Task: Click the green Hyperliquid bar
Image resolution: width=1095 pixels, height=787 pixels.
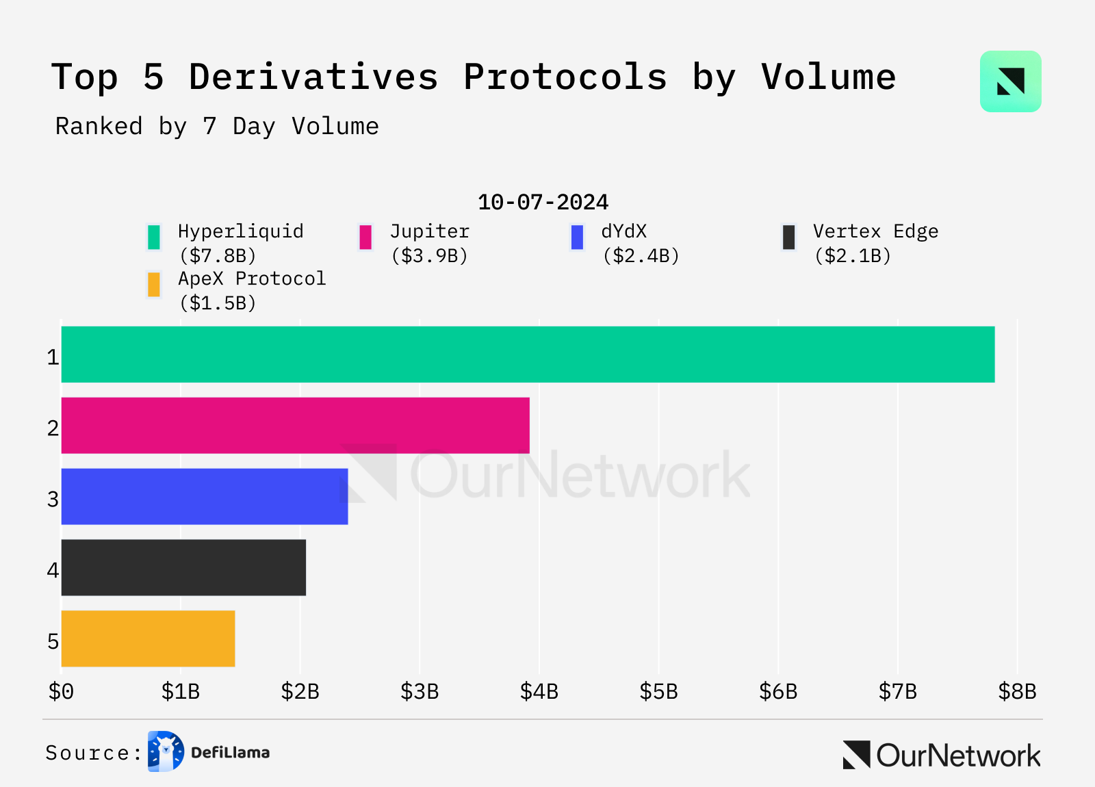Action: click(527, 354)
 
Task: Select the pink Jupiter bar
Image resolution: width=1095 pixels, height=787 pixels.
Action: click(295, 426)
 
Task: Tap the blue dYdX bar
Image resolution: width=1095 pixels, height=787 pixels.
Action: click(205, 497)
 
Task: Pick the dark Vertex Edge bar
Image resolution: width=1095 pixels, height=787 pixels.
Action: click(183, 568)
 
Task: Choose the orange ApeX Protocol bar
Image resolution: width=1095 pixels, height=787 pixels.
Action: click(148, 639)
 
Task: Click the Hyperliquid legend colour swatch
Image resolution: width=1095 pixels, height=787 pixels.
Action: click(154, 237)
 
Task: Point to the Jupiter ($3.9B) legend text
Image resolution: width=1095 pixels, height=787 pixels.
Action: click(430, 244)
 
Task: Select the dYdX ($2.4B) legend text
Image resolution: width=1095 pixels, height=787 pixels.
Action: click(641, 244)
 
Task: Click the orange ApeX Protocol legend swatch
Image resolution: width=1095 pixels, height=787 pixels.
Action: click(154, 285)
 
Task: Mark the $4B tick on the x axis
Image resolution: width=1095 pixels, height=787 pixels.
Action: click(539, 692)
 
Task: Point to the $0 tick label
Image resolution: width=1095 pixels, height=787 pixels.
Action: click(61, 692)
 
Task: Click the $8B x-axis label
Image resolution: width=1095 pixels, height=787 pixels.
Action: click(1017, 692)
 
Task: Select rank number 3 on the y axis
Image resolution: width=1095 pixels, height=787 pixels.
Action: click(53, 500)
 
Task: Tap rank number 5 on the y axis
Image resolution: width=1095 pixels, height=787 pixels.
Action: click(53, 642)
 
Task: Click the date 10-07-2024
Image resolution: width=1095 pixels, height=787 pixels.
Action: click(543, 203)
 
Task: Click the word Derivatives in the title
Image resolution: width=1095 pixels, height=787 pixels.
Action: click(313, 77)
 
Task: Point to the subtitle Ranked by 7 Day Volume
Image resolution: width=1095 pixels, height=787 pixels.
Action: click(217, 127)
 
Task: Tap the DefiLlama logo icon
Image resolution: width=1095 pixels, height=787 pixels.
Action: click(166, 751)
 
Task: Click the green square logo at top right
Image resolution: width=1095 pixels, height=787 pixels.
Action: click(1010, 81)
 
